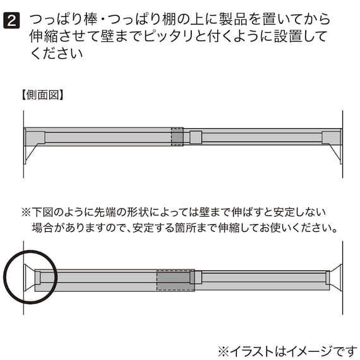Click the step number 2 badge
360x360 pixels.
tap(12, 21)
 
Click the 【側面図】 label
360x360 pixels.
tap(42, 95)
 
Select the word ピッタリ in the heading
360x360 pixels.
tap(168, 37)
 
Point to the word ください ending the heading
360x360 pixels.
tap(56, 54)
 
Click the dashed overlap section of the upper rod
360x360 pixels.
tap(177, 136)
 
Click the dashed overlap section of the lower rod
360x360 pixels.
tap(176, 280)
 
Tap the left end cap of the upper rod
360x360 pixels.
tap(35, 138)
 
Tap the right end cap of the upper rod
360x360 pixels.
tap(331, 138)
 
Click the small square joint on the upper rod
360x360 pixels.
tap(196, 138)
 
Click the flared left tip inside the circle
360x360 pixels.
tap(29, 278)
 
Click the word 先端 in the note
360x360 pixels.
tap(105, 213)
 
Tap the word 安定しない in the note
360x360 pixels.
tap(299, 213)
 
